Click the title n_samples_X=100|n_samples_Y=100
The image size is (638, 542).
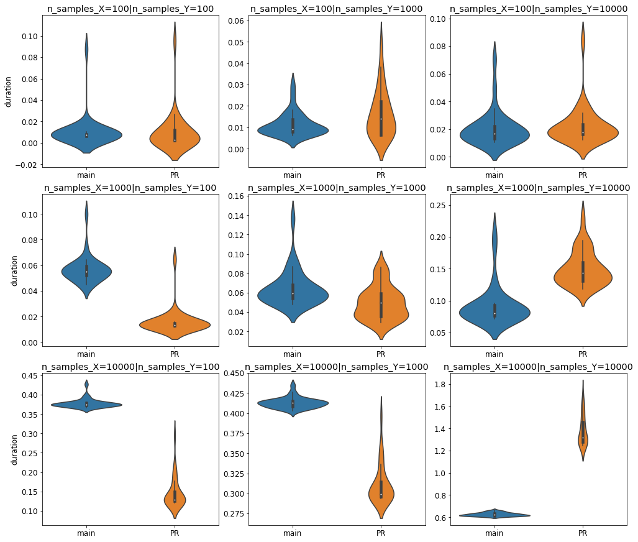click(130, 9)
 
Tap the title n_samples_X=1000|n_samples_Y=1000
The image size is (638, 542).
click(336, 188)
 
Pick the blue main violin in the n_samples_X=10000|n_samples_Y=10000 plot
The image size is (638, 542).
click(494, 515)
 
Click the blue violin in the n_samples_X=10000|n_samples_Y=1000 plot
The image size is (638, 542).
click(292, 404)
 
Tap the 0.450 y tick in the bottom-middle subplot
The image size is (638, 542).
click(232, 374)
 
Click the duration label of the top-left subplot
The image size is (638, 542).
click(8, 91)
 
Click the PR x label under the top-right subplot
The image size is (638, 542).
click(583, 175)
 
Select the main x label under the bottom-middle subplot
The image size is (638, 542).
click(292, 533)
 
